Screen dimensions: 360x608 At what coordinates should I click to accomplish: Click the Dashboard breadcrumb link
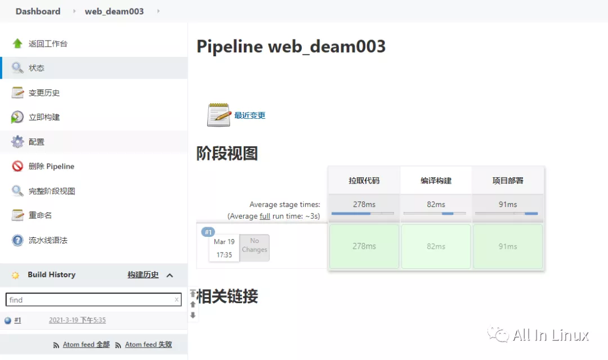click(x=38, y=11)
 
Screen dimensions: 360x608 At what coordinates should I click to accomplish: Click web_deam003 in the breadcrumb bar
click(x=114, y=11)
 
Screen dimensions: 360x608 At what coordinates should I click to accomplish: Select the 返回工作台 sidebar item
click(x=48, y=43)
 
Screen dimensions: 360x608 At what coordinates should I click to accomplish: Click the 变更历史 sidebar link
click(x=44, y=93)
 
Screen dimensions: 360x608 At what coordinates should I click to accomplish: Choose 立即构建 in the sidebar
click(x=44, y=117)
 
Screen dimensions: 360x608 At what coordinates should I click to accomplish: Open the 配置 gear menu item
click(x=37, y=142)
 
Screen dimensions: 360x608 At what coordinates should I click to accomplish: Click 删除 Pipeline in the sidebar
click(x=51, y=166)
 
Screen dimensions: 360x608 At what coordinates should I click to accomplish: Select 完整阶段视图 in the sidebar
click(x=52, y=191)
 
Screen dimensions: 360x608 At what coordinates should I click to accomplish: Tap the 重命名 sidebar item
click(x=40, y=215)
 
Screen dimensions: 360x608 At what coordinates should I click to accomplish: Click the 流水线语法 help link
click(x=48, y=240)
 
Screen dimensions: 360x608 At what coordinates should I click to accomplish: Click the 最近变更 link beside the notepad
click(x=249, y=115)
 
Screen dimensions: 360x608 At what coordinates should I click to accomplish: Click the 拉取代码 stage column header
click(x=364, y=181)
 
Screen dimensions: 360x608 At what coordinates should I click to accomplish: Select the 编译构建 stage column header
click(x=436, y=181)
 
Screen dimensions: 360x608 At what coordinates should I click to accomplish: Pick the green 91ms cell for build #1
click(x=508, y=246)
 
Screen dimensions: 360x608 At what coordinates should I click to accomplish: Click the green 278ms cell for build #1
click(x=364, y=246)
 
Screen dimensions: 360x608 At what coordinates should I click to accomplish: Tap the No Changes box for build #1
click(x=254, y=247)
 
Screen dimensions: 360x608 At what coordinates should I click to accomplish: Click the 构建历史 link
click(x=143, y=275)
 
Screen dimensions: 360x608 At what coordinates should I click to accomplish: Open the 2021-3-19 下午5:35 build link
click(x=77, y=320)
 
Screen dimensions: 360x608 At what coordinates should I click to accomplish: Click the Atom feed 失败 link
click(x=149, y=344)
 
